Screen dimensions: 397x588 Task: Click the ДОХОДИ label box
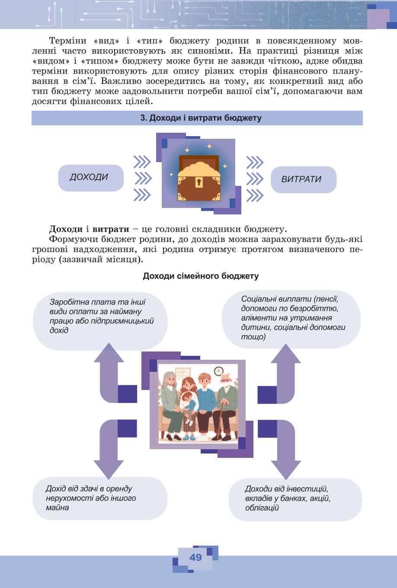tap(91, 178)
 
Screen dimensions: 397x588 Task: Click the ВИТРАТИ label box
tap(304, 179)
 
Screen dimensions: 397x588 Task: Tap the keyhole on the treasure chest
tap(199, 182)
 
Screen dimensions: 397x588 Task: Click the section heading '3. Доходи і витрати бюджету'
tap(201, 118)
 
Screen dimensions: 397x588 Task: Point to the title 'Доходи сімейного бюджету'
tap(201, 276)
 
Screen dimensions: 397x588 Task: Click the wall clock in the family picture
tap(219, 371)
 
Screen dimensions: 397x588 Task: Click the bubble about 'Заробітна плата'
tap(100, 321)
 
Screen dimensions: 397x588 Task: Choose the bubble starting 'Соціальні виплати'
tap(291, 319)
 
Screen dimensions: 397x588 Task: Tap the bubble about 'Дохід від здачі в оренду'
tap(100, 498)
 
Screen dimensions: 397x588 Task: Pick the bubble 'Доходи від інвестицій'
tap(295, 499)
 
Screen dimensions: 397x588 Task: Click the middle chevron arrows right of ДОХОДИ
tap(143, 178)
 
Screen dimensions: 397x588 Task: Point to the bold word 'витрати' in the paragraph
tap(111, 229)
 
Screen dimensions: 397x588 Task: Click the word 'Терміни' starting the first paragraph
tap(68, 41)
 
